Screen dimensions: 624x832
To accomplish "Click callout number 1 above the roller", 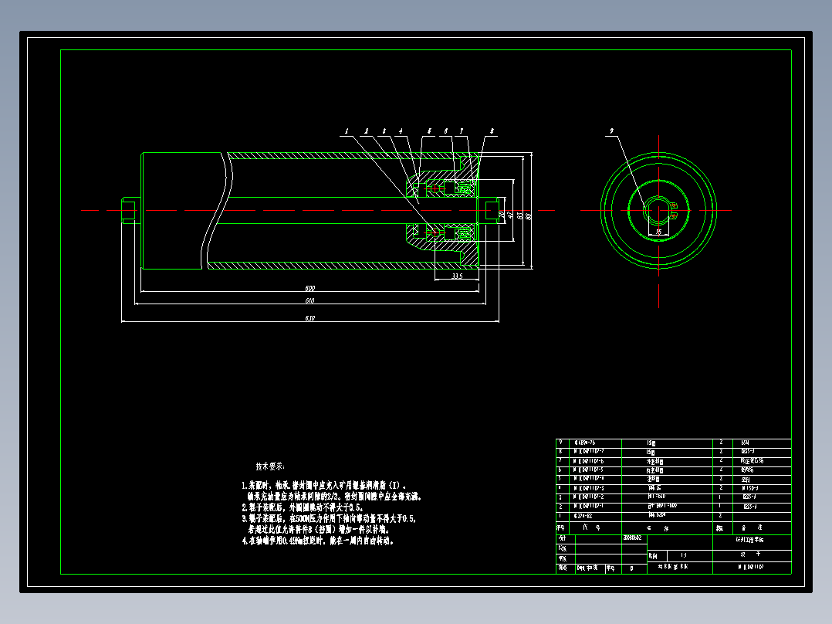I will pyautogui.click(x=347, y=131).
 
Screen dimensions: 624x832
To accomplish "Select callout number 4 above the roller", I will pyautogui.click(x=401, y=131).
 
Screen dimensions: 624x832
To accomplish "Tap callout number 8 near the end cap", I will pyautogui.click(x=492, y=131).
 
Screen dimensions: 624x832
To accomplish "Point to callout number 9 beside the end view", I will pyautogui.click(x=611, y=131).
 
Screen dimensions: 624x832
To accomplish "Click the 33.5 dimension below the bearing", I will pyautogui.click(x=457, y=276).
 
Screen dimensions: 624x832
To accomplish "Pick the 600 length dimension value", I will pyautogui.click(x=309, y=289).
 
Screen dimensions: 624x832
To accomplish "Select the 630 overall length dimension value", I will pyautogui.click(x=309, y=318).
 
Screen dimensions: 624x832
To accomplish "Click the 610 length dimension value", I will pyautogui.click(x=309, y=300).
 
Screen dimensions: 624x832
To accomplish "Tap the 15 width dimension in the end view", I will pyautogui.click(x=658, y=231).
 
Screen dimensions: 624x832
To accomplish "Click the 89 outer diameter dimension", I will pyautogui.click(x=529, y=216).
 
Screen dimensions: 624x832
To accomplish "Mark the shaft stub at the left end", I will pyautogui.click(x=129, y=211).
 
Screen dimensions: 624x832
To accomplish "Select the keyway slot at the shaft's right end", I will pyautogui.click(x=493, y=211).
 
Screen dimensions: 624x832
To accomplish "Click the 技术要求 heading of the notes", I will pyautogui.click(x=269, y=467).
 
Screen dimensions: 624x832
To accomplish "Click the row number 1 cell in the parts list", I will pyautogui.click(x=560, y=514).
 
